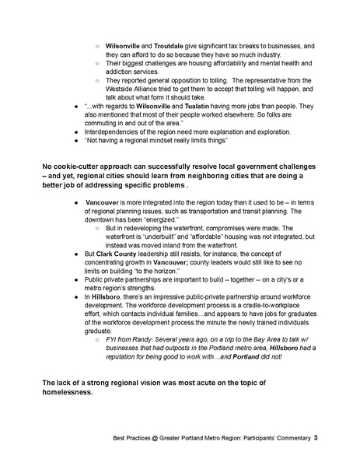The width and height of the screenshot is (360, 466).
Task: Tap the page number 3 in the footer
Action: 316,439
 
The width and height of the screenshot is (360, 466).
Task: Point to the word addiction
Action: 121,71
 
